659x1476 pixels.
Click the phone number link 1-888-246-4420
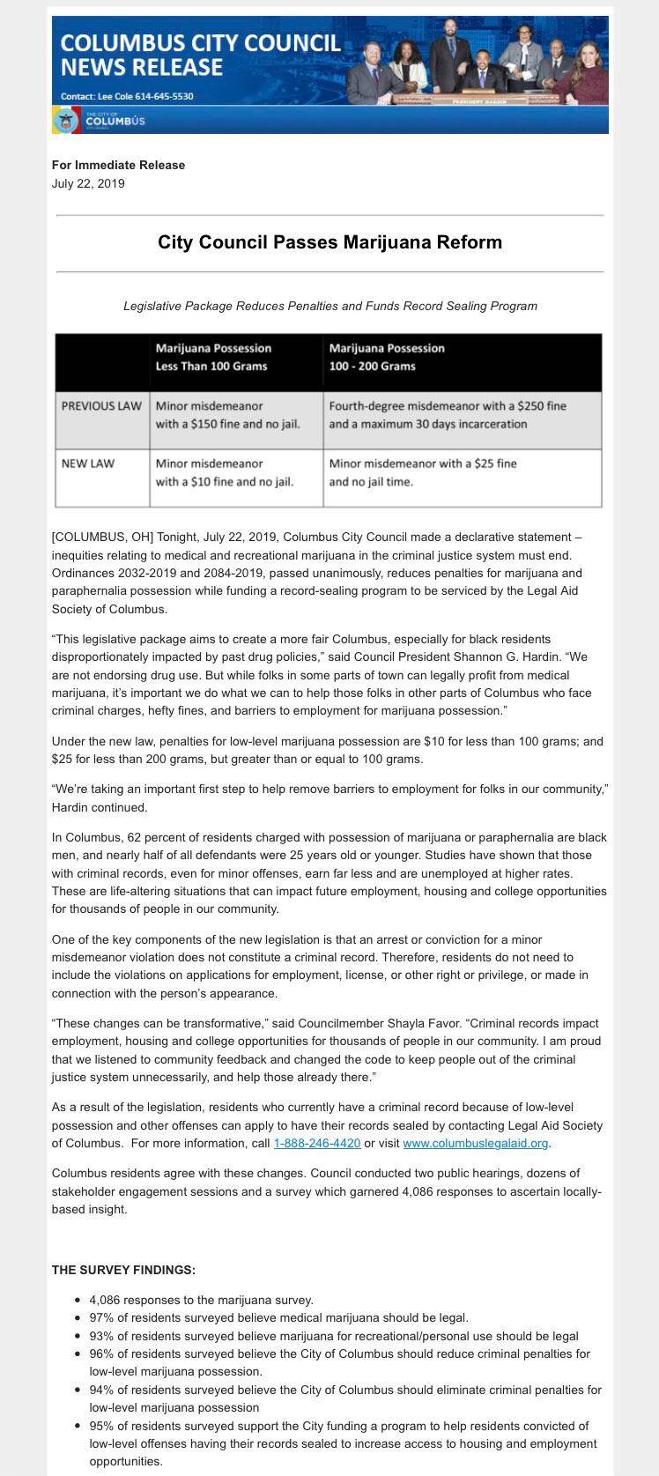317,1143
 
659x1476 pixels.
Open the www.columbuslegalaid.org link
476,1143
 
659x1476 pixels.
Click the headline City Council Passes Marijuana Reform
329,241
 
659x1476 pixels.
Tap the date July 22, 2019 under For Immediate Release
88,184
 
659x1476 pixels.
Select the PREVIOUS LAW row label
101,406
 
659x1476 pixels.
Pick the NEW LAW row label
88,463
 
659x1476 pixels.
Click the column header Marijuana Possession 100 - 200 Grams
387,357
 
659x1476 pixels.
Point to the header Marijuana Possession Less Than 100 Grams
213,357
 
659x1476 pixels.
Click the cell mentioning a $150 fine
228,415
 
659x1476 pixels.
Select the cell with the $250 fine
448,415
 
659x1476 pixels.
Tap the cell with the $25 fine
423,472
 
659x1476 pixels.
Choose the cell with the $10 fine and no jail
225,472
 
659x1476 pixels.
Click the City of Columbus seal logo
65,120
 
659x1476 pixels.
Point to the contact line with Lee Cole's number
127,96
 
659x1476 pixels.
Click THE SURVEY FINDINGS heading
123,1270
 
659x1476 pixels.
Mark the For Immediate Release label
118,165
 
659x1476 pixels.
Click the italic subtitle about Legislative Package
329,306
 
